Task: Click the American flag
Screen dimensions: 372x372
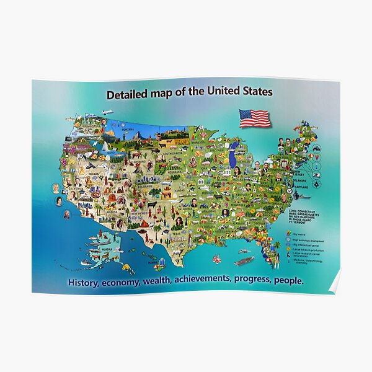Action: [255, 118]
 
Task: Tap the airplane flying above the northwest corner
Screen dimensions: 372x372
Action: [106, 112]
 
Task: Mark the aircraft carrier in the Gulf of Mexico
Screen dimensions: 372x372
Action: [244, 260]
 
